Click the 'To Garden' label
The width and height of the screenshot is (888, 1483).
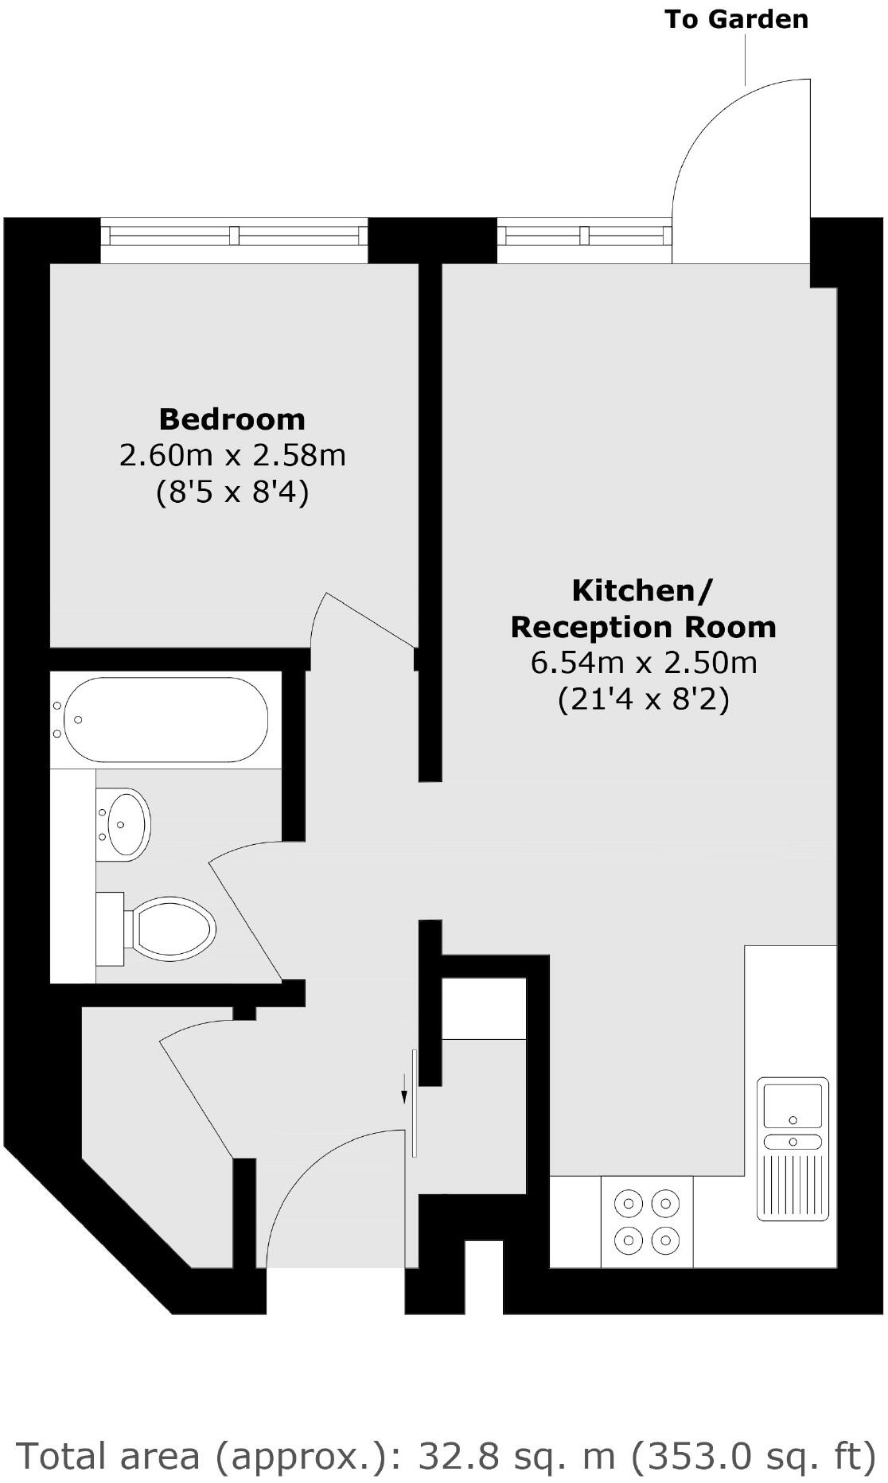pyautogui.click(x=736, y=19)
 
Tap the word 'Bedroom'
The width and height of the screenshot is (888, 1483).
pyautogui.click(x=232, y=418)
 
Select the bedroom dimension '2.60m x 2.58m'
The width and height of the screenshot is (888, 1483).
pyautogui.click(x=232, y=456)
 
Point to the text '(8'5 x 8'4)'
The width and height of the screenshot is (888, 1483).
pyautogui.click(x=232, y=492)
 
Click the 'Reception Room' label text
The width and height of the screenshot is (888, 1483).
pyautogui.click(x=643, y=627)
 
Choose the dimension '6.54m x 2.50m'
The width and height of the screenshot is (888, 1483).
pyautogui.click(x=643, y=663)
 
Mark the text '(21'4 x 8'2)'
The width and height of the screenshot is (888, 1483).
pyautogui.click(x=643, y=699)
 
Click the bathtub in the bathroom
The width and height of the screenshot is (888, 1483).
pyautogui.click(x=166, y=719)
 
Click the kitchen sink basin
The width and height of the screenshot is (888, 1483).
pyautogui.click(x=792, y=1103)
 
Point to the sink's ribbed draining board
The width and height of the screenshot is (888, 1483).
pyautogui.click(x=792, y=1185)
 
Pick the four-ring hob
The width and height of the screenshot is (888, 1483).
pyautogui.click(x=647, y=1221)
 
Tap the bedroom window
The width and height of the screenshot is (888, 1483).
pyautogui.click(x=234, y=236)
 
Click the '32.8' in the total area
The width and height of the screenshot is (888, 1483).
pyautogui.click(x=459, y=1456)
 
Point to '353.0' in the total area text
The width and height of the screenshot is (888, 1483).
pyautogui.click(x=699, y=1456)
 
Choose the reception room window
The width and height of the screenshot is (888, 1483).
pyautogui.click(x=585, y=236)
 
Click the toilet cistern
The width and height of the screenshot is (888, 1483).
pyautogui.click(x=110, y=928)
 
